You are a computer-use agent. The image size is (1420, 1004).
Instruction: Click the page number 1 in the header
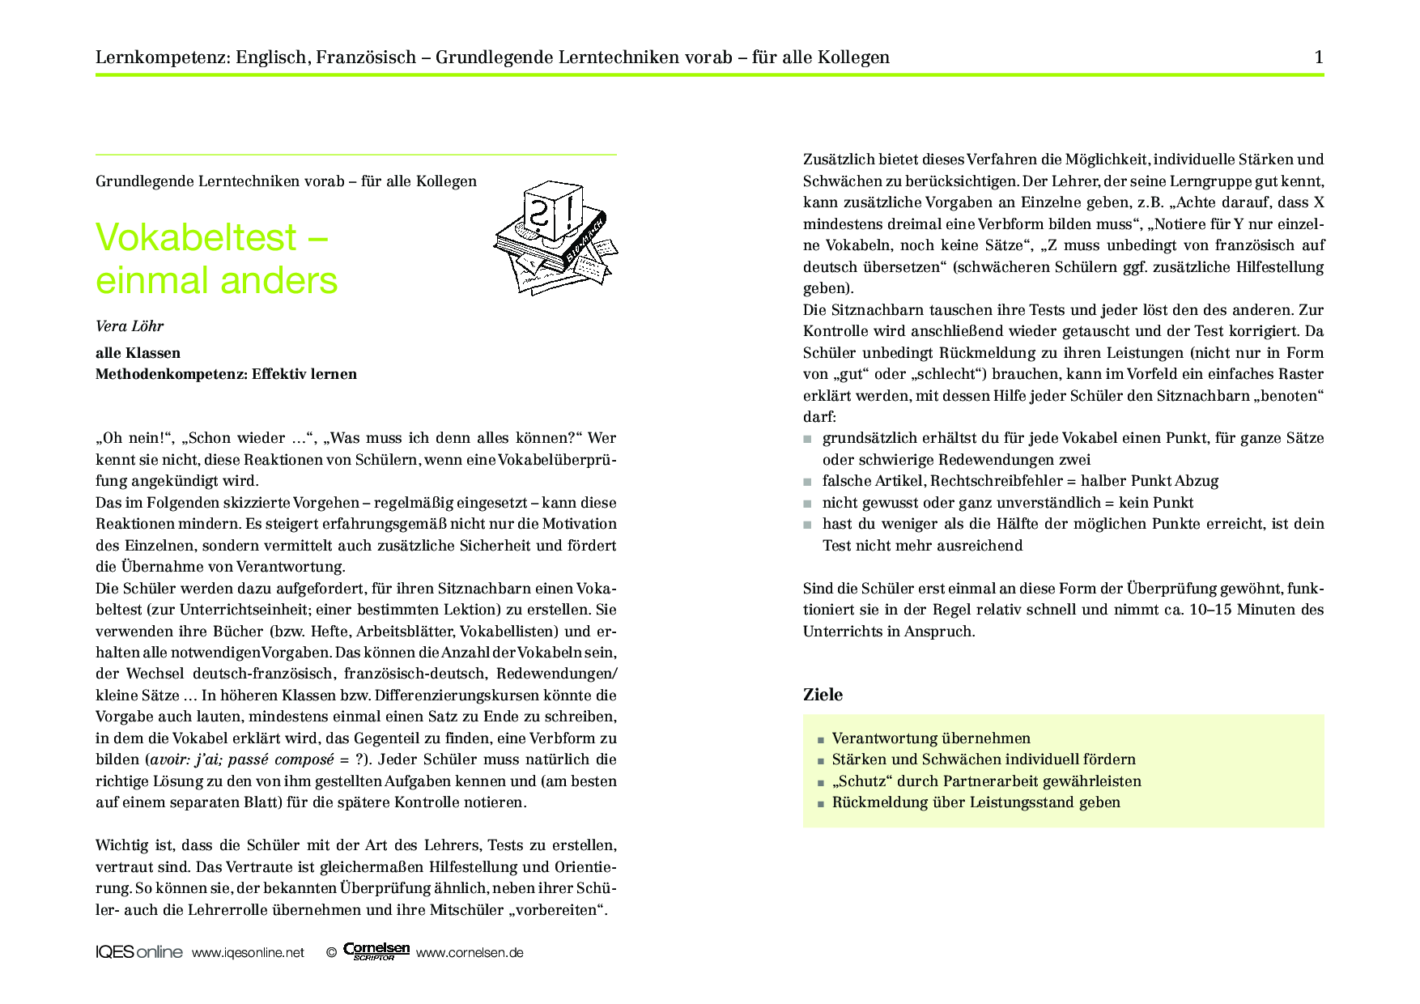click(x=1319, y=57)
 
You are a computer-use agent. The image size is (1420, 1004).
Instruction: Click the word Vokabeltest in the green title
click(x=196, y=238)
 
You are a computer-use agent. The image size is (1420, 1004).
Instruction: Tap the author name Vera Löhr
click(x=130, y=326)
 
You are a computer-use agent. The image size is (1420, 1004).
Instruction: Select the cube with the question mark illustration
click(x=553, y=211)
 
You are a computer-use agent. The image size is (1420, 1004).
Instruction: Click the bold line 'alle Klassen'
click(x=138, y=353)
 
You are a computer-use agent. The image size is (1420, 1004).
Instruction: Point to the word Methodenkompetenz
click(x=171, y=374)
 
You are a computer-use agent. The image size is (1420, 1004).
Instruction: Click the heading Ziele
click(x=823, y=695)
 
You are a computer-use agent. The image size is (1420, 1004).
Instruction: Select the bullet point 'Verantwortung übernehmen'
click(x=931, y=738)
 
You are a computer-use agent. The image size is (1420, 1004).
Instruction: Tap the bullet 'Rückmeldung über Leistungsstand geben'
click(x=976, y=802)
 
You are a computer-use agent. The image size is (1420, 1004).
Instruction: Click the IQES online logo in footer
click(x=138, y=952)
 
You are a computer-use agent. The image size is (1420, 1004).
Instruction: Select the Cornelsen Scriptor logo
click(x=376, y=951)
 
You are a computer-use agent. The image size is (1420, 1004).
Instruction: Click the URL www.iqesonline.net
click(x=248, y=953)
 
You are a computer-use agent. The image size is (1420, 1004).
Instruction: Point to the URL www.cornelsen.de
click(x=470, y=953)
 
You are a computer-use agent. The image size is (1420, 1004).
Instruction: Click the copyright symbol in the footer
click(x=331, y=953)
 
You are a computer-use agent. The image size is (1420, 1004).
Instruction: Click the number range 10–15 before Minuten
click(x=1210, y=610)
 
